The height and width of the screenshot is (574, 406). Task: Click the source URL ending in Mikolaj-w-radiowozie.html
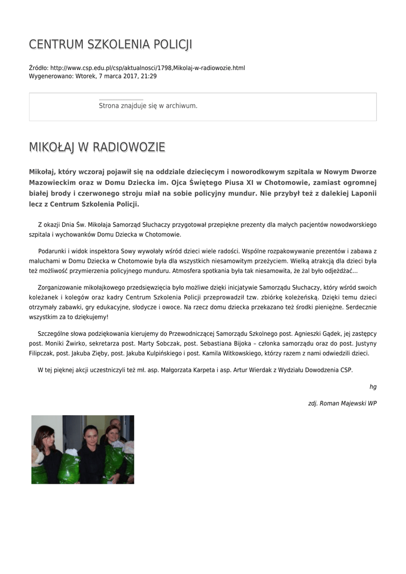click(148, 68)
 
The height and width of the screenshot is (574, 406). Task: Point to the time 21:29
click(148, 76)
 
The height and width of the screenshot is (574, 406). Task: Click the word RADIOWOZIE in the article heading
click(128, 147)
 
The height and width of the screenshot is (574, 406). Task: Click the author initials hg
click(373, 387)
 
